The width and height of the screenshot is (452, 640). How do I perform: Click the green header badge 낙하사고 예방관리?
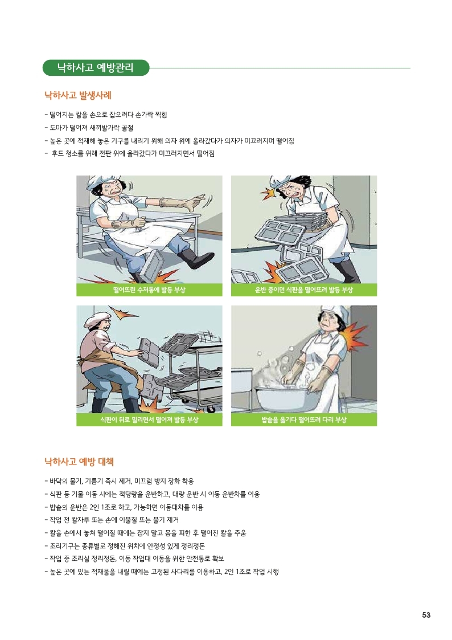pyautogui.click(x=96, y=68)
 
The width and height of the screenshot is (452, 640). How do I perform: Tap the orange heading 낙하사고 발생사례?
pyautogui.click(x=78, y=96)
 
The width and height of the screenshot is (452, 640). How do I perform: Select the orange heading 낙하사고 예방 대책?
pyautogui.click(x=79, y=462)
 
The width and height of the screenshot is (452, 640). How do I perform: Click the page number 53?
pyautogui.click(x=426, y=615)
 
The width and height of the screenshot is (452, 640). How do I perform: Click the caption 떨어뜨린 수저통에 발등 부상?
pyautogui.click(x=149, y=290)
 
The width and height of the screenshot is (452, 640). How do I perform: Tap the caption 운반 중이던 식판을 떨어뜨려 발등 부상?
pyautogui.click(x=303, y=290)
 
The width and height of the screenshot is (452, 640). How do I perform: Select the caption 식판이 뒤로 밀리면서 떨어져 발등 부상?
pyautogui.click(x=149, y=419)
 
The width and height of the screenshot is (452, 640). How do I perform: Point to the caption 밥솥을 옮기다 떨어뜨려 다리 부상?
pyautogui.click(x=303, y=419)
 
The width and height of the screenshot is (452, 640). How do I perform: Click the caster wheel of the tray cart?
pyautogui.click(x=210, y=409)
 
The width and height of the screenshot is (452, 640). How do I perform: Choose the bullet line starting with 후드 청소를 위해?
pyautogui.click(x=130, y=154)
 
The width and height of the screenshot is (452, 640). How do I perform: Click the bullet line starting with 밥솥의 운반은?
pyautogui.click(x=124, y=507)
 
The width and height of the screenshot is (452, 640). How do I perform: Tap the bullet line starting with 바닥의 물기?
pyautogui.click(x=120, y=481)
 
